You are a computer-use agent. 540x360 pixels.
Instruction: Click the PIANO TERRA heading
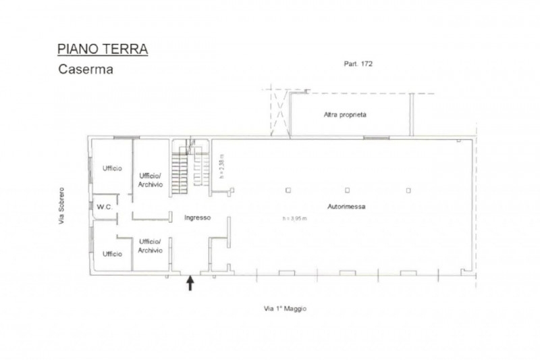pyautogui.click(x=103, y=49)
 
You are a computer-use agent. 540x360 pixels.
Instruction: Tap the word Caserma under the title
pyautogui.click(x=86, y=70)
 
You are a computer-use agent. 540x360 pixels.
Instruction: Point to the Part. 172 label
pyautogui.click(x=358, y=63)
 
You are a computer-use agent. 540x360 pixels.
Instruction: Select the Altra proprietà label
pyautogui.click(x=345, y=115)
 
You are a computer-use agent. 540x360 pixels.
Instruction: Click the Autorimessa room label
pyautogui.click(x=346, y=207)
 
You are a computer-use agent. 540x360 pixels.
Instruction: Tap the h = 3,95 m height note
pyautogui.click(x=294, y=218)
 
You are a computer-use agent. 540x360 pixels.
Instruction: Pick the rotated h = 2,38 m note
pyautogui.click(x=222, y=166)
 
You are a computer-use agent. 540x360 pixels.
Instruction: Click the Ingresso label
pyautogui.click(x=197, y=217)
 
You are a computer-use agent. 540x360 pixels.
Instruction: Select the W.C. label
pyautogui.click(x=105, y=207)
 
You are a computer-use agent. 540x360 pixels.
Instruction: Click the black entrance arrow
pyautogui.click(x=190, y=283)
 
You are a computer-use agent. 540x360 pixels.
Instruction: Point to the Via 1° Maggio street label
pyautogui.click(x=285, y=309)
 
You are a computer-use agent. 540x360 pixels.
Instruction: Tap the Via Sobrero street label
pyautogui.click(x=61, y=205)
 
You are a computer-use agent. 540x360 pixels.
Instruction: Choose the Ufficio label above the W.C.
pyautogui.click(x=112, y=168)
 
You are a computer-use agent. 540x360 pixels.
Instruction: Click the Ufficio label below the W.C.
pyautogui.click(x=112, y=254)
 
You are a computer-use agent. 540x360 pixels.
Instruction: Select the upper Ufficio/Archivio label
pyautogui.click(x=151, y=180)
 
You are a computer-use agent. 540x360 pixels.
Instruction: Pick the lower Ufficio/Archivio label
pyautogui.click(x=150, y=246)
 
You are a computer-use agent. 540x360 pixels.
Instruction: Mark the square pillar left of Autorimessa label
pyautogui.click(x=288, y=190)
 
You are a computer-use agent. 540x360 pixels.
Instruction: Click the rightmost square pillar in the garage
pyautogui.click(x=408, y=190)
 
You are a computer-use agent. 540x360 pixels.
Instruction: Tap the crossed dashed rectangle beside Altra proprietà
pyautogui.click(x=279, y=113)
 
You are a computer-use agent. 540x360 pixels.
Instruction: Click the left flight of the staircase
pyautogui.click(x=180, y=174)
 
